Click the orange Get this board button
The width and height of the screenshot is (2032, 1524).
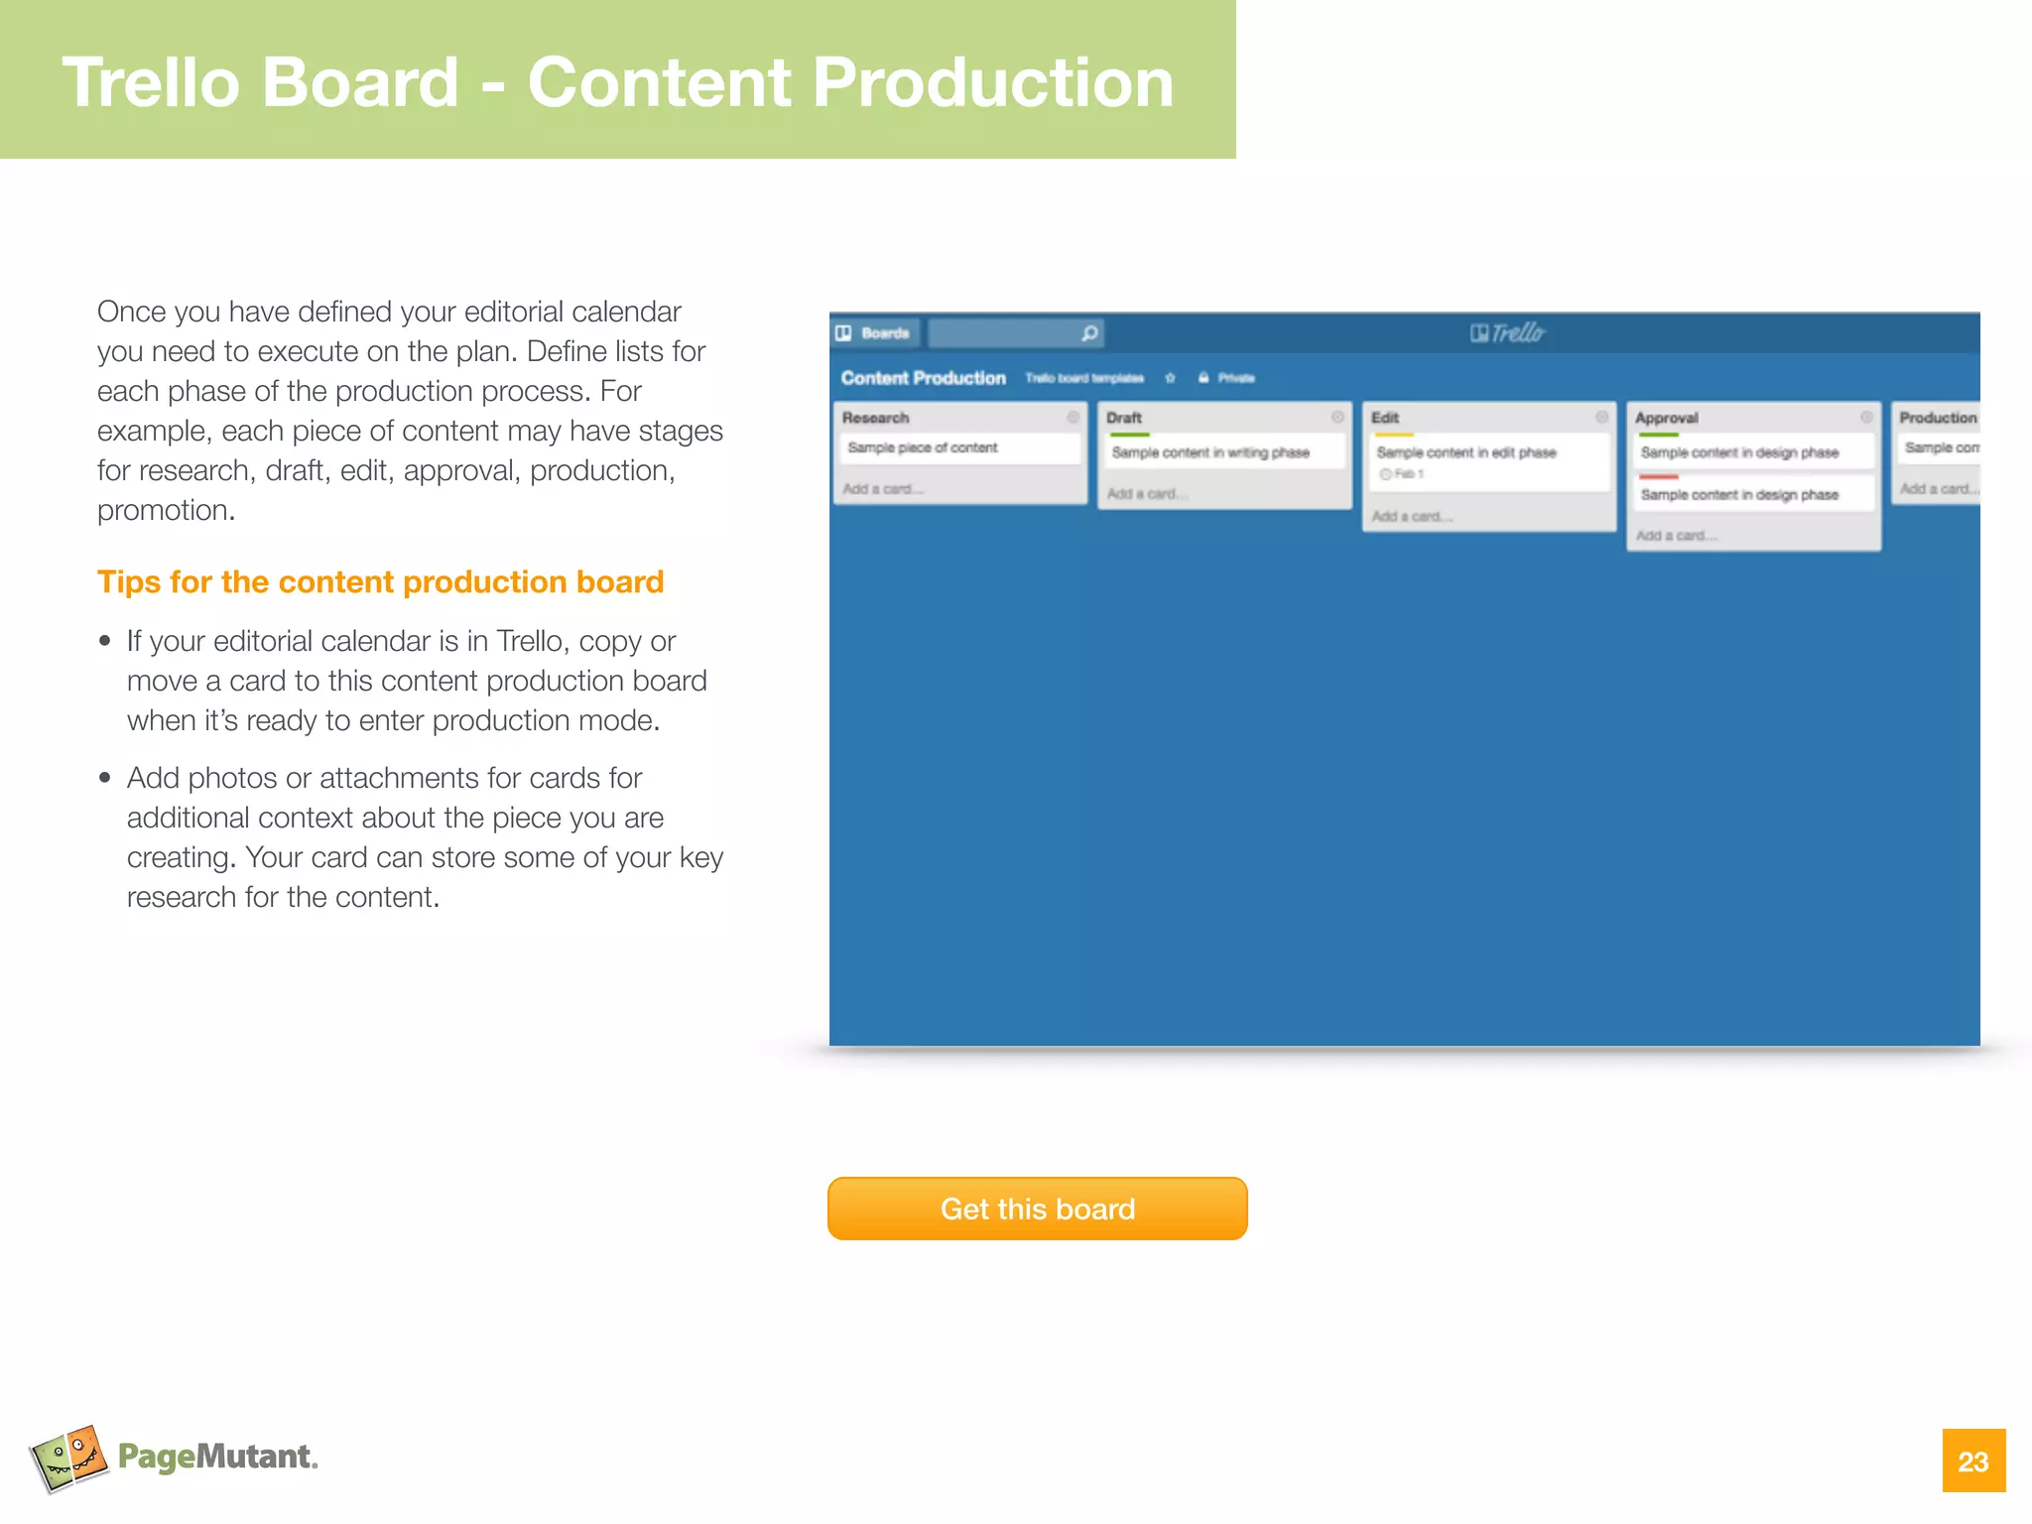click(x=1037, y=1208)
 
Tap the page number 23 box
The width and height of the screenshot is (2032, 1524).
click(x=1972, y=1460)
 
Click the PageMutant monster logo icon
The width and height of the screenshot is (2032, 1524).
click(x=68, y=1457)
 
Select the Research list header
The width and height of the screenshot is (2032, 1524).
click(x=876, y=418)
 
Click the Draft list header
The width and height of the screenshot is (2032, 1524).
click(x=1124, y=418)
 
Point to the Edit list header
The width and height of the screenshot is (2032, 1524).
click(x=1385, y=418)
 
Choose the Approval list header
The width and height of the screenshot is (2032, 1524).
click(x=1667, y=418)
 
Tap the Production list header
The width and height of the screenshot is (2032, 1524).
click(x=1937, y=418)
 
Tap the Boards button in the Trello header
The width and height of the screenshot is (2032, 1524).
click(x=875, y=333)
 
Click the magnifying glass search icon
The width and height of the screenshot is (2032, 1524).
click(x=1089, y=333)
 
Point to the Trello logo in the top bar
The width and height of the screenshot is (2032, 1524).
click(x=1507, y=333)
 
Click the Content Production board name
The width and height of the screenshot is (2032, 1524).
click(x=923, y=378)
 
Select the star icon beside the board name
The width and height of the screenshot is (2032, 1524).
click(x=1170, y=378)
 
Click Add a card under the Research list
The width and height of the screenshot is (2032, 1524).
click(x=882, y=489)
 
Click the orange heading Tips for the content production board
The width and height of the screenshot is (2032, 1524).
click(x=380, y=581)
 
